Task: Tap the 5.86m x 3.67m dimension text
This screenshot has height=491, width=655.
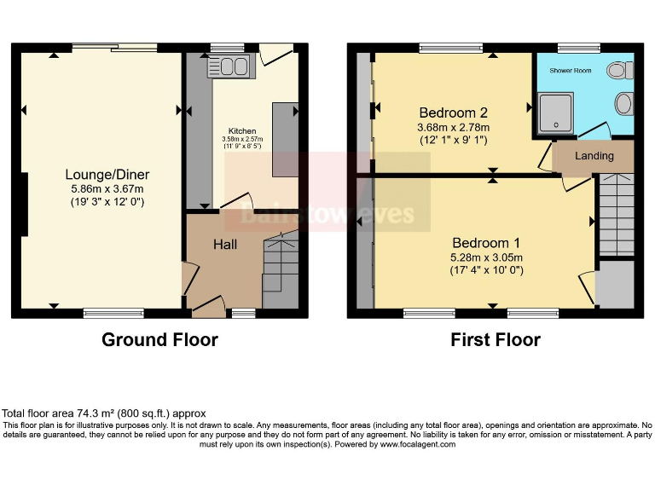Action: [x=107, y=189]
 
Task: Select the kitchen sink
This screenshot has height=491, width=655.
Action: [x=227, y=66]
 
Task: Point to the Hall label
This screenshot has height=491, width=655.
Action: [x=225, y=245]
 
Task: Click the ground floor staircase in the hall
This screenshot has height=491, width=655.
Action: [x=281, y=269]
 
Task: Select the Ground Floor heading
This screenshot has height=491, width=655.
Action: [x=159, y=339]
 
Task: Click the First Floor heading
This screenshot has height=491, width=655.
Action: [x=496, y=339]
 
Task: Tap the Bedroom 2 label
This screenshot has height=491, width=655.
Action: [x=453, y=113]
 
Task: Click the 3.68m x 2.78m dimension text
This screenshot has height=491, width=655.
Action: [x=453, y=127]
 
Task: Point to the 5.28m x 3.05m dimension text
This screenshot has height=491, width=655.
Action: [x=487, y=257]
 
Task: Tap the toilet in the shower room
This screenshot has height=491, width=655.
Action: [x=618, y=70]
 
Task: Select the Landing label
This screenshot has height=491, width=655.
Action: [x=594, y=156]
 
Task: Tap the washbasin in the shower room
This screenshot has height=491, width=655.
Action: [x=625, y=104]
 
